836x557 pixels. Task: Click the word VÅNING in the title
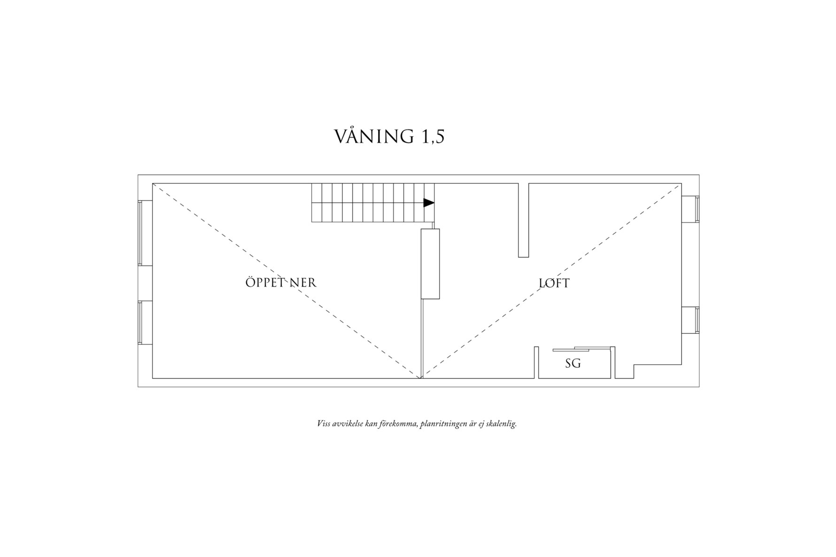(374, 136)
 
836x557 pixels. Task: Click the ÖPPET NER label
(281, 282)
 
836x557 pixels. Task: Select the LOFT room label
(554, 283)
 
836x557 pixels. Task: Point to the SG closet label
(573, 363)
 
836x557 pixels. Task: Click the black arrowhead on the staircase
(429, 203)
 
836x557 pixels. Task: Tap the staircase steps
(373, 203)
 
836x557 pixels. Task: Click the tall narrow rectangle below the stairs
(430, 264)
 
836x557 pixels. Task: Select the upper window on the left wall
(145, 233)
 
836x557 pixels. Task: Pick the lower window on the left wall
(145, 323)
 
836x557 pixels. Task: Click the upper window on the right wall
(690, 209)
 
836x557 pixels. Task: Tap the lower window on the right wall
(690, 320)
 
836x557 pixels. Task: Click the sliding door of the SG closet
(581, 349)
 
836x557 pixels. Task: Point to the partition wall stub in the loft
(524, 220)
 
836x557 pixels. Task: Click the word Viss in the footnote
(323, 424)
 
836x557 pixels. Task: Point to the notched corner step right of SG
(634, 371)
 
